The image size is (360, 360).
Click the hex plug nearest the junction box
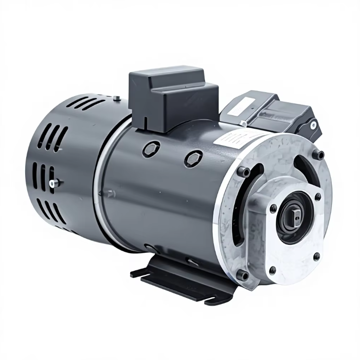(x=151, y=148)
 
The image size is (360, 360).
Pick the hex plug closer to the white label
(x=193, y=159)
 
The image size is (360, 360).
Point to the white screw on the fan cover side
(x=53, y=183)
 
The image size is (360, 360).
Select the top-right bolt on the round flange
(x=321, y=155)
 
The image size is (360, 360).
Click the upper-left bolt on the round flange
(x=243, y=172)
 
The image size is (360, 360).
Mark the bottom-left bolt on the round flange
(x=243, y=275)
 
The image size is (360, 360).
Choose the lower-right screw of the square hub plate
(x=316, y=256)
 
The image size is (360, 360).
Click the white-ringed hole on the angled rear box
(x=313, y=125)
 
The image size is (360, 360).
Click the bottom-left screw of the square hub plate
(x=272, y=269)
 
